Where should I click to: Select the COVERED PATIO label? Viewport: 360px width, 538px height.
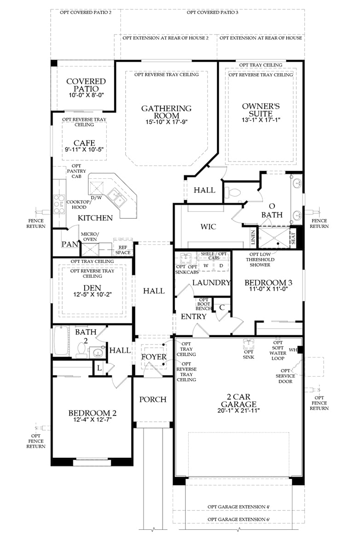click(x=86, y=85)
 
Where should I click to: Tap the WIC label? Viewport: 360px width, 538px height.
click(x=208, y=227)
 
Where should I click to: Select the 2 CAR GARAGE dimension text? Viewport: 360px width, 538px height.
click(x=238, y=410)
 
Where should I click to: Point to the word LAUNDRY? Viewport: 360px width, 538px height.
click(x=211, y=283)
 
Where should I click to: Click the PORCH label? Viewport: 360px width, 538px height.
click(x=153, y=399)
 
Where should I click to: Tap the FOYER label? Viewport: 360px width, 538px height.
click(x=153, y=357)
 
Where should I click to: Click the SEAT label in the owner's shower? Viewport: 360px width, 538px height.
click(x=293, y=238)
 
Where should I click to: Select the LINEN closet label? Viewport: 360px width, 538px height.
click(x=253, y=238)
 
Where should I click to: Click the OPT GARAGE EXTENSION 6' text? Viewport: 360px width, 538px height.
click(x=238, y=519)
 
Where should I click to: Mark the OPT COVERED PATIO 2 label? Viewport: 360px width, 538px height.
click(x=86, y=12)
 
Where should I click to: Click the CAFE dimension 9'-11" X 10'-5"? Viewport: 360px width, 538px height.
click(x=84, y=150)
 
